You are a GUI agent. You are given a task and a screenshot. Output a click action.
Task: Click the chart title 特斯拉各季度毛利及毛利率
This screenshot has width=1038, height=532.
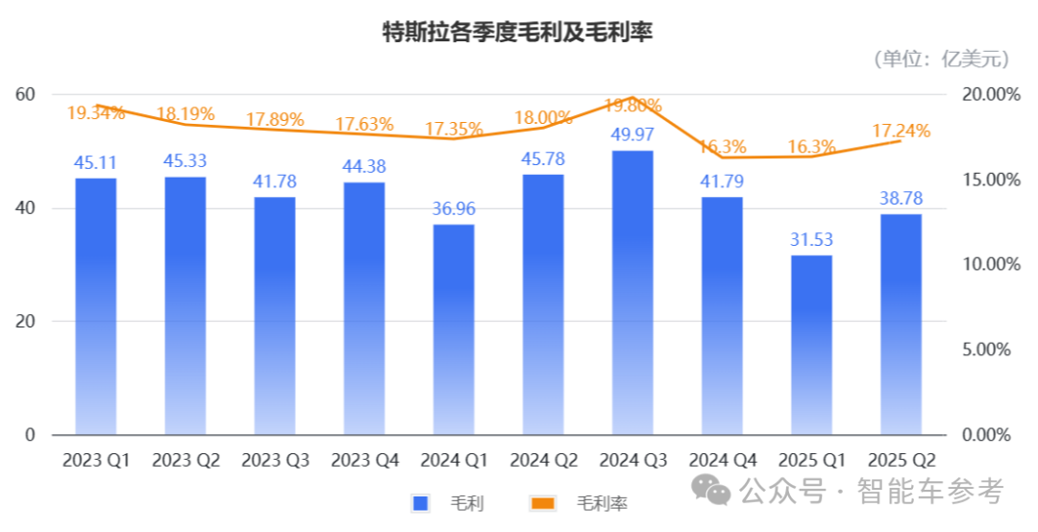click(518, 32)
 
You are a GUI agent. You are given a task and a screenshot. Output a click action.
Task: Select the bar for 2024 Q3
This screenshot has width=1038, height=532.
click(632, 293)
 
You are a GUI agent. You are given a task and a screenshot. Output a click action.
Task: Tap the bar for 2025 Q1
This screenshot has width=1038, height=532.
click(812, 345)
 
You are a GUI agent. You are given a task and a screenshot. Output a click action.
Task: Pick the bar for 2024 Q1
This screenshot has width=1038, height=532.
click(454, 329)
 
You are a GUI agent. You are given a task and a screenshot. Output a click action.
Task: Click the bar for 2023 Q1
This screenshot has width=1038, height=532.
click(95, 306)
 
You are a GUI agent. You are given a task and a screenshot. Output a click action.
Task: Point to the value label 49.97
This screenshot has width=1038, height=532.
click(632, 134)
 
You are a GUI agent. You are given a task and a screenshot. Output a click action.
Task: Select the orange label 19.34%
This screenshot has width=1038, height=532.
click(95, 113)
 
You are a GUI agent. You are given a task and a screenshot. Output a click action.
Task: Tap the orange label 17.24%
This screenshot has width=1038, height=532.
click(902, 131)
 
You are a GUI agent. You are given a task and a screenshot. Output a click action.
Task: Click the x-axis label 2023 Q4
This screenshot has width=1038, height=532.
click(364, 461)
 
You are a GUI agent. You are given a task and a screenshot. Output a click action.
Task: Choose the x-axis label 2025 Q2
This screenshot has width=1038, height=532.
click(902, 461)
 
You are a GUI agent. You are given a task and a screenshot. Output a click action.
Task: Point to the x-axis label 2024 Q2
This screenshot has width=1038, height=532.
click(544, 461)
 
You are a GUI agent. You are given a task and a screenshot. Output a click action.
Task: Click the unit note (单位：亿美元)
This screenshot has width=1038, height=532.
click(942, 60)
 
